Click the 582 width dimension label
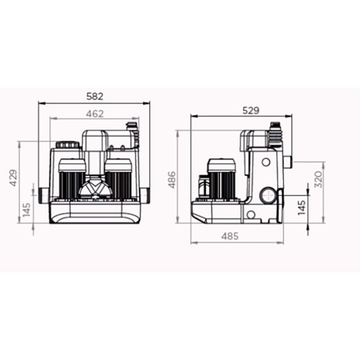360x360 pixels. tap(94, 96)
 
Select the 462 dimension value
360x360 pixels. tap(94, 114)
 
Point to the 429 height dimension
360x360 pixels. tap(13, 178)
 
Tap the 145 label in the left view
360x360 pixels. tap(27, 209)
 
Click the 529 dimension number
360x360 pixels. tap(251, 111)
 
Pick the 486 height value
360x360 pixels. tap(172, 180)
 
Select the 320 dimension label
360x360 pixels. tap(318, 179)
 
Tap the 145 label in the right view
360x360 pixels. tap(302, 208)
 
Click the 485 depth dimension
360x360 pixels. tap(230, 236)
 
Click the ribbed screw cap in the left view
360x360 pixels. tap(67, 145)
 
